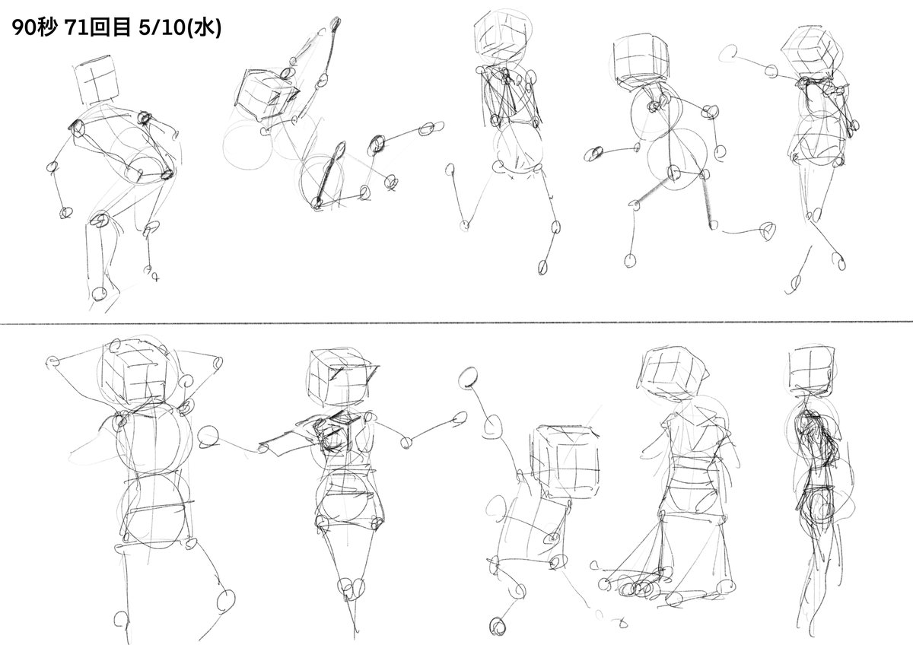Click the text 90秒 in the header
[x=34, y=28]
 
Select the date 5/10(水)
[x=180, y=28]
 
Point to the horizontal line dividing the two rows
[x=456, y=323]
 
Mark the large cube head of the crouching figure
[x=565, y=463]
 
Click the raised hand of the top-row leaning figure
[x=336, y=24]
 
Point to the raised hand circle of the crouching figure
[x=468, y=377]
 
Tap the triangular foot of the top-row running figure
[x=767, y=230]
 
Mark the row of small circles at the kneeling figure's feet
[x=637, y=588]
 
